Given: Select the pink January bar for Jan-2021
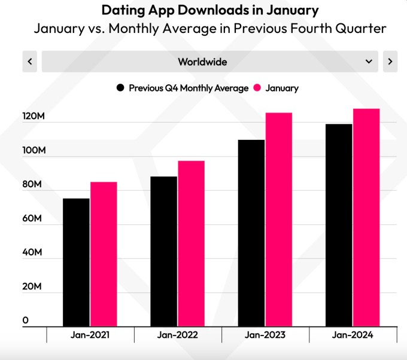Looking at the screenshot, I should coord(104,254).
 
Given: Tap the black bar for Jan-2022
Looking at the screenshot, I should coord(163,251).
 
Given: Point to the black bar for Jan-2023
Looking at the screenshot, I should coord(251,233).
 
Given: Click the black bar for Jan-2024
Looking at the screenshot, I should coord(339,225).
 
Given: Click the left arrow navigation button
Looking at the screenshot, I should coord(30,62).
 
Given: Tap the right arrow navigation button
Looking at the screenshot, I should coord(390,62).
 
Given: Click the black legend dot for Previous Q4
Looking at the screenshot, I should coord(120,88).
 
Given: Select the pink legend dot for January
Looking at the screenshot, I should coord(258,88).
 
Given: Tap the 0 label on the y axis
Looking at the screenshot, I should coord(26,321).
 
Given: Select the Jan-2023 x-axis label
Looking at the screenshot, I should coord(266,335).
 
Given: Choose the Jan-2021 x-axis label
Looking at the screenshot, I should coord(90,335).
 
